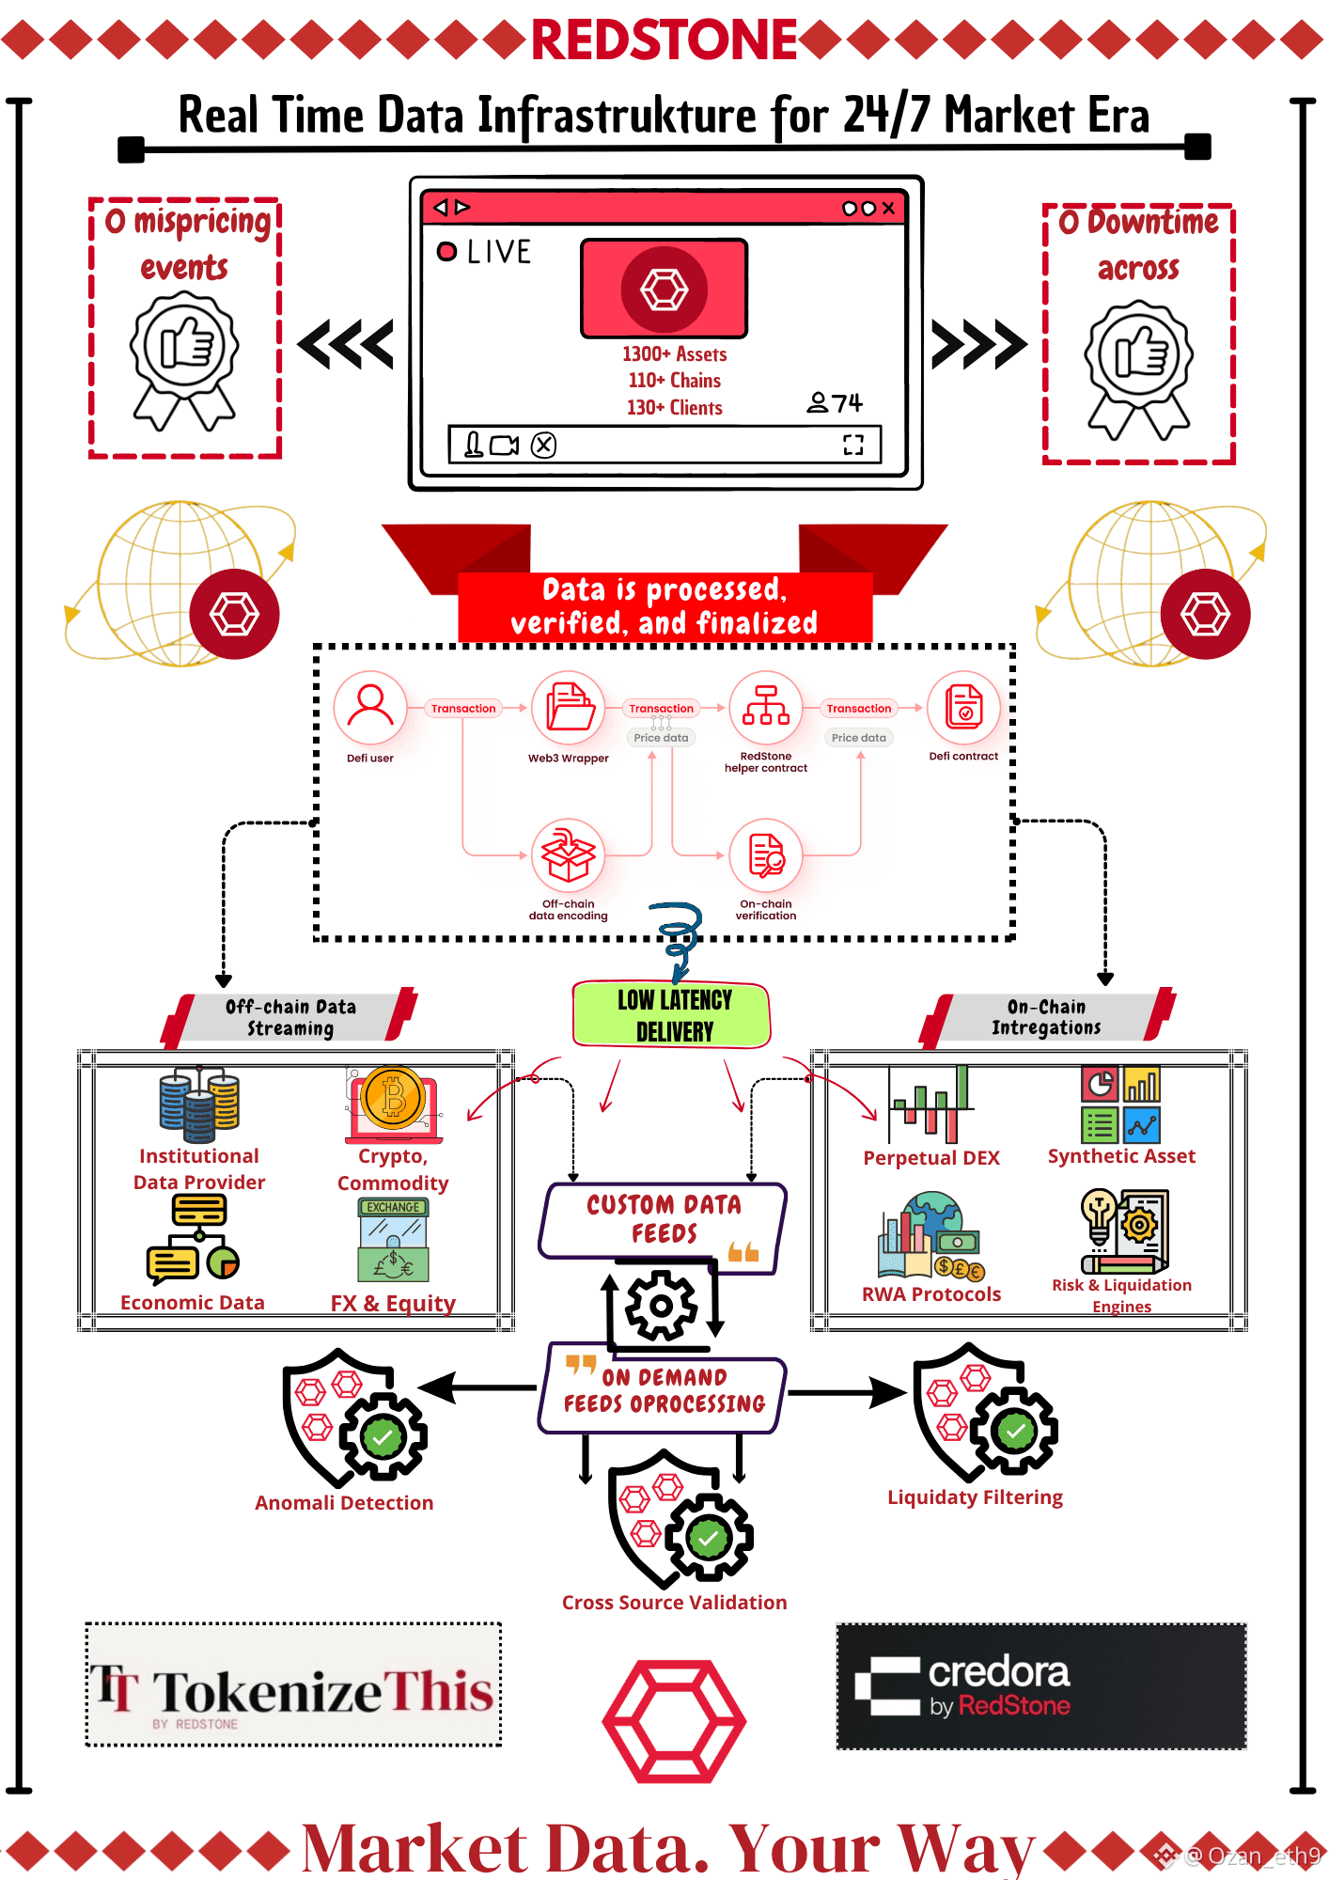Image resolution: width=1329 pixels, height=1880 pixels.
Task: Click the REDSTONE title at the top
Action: [664, 39]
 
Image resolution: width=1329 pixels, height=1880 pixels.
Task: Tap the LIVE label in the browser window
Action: [499, 252]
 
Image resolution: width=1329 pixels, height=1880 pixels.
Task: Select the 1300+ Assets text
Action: [674, 354]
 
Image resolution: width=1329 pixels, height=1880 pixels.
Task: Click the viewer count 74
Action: [847, 403]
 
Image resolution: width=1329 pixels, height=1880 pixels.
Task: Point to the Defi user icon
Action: [370, 708]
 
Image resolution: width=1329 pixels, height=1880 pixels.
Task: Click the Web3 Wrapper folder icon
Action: [568, 708]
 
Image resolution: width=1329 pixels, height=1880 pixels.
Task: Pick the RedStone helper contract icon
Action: [766, 708]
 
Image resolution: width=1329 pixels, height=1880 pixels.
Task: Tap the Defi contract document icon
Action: [963, 708]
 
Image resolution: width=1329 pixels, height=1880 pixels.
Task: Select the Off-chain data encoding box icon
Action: [568, 854]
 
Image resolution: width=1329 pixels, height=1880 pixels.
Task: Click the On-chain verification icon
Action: [766, 854]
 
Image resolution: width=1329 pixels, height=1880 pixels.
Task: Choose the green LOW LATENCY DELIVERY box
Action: [672, 1015]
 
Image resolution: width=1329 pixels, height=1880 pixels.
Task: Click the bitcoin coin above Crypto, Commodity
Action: [393, 1097]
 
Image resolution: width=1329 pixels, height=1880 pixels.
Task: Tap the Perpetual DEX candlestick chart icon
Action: [930, 1104]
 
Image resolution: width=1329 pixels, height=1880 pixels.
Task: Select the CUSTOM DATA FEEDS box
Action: [663, 1221]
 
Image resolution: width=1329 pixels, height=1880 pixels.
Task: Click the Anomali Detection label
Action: [344, 1503]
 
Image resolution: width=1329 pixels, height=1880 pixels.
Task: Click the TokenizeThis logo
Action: [293, 1685]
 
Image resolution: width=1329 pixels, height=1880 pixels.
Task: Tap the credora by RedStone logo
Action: [1041, 1686]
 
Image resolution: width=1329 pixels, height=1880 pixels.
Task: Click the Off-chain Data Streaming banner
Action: [290, 1018]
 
